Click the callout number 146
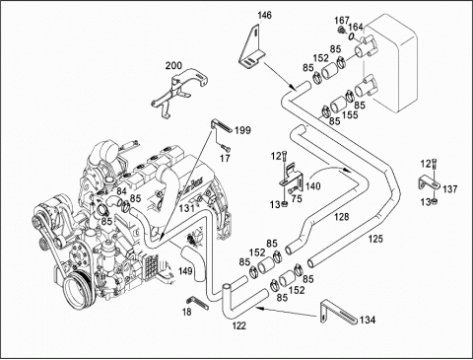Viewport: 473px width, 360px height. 264,15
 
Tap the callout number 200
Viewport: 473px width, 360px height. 173,65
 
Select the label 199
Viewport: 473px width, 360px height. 242,130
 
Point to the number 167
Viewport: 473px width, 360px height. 342,21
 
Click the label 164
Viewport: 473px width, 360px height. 356,27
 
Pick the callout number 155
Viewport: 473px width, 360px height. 350,114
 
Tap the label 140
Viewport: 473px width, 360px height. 312,186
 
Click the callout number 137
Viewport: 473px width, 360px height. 450,189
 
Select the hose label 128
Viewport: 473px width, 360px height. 342,217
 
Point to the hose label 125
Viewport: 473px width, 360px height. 375,239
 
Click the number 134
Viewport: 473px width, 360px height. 368,320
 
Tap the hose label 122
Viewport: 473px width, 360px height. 239,325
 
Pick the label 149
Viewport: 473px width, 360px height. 185,271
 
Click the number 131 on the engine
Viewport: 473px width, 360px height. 186,208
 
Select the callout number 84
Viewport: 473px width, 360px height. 121,191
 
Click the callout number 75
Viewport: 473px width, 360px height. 297,199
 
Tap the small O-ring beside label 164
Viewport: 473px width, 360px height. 352,36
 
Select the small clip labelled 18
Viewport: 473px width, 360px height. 197,303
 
